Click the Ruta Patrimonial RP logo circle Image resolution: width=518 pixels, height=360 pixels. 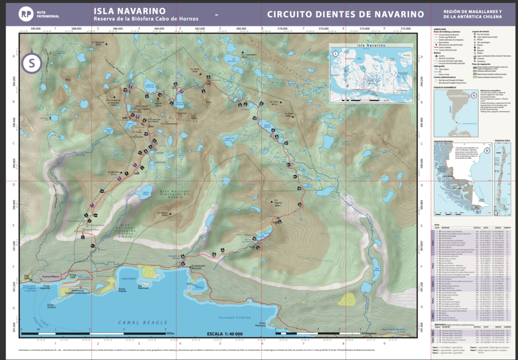(24, 15)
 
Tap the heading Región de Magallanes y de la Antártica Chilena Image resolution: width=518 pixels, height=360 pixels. (472, 15)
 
